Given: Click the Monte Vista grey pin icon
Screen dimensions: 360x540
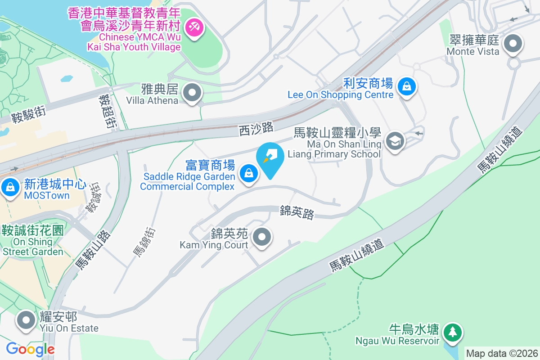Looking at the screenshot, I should pyautogui.click(x=513, y=45).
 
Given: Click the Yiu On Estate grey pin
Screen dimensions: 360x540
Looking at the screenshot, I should pyautogui.click(x=26, y=320).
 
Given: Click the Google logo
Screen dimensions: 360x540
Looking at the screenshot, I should pyautogui.click(x=30, y=349).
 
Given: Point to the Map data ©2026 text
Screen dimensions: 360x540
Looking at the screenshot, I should pyautogui.click(x=502, y=353).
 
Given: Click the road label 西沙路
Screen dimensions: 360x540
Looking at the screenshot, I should pyautogui.click(x=256, y=129).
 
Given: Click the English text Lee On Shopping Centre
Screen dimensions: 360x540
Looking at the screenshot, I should pyautogui.click(x=341, y=95).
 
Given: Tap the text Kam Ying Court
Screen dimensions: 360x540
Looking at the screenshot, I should pyautogui.click(x=214, y=245).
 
